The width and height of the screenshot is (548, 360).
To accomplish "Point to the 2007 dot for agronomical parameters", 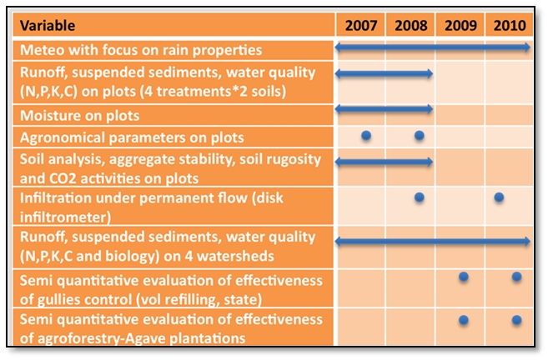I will pyautogui.click(x=365, y=135).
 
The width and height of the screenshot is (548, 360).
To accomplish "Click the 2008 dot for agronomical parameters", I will pyautogui.click(x=419, y=135).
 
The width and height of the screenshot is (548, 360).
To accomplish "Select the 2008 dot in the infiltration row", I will pyautogui.click(x=419, y=197).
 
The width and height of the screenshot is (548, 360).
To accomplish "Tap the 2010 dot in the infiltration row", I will pyautogui.click(x=499, y=197).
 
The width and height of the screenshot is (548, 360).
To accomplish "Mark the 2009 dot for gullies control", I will pyautogui.click(x=464, y=277).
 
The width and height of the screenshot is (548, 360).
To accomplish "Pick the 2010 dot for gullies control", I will pyautogui.click(x=516, y=277).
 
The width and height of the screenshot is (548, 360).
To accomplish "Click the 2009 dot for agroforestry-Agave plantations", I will pyautogui.click(x=464, y=320).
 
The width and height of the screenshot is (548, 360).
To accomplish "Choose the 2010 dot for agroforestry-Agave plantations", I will pyautogui.click(x=516, y=320).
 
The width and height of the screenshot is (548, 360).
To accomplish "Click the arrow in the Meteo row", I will pyautogui.click(x=432, y=49).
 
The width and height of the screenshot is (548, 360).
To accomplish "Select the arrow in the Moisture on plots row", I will pyautogui.click(x=384, y=109).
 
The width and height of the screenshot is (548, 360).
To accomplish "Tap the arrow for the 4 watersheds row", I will pyautogui.click(x=432, y=241).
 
